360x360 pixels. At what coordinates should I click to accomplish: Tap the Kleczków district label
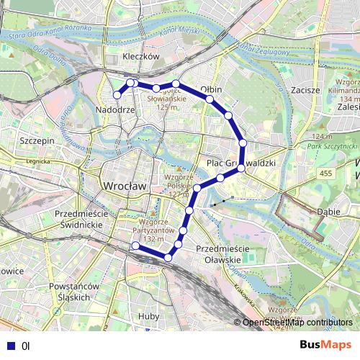[140, 56]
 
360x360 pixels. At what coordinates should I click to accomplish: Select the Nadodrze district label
[115, 109]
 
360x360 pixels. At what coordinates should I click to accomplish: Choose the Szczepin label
[38, 141]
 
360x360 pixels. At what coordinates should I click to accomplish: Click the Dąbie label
[328, 212]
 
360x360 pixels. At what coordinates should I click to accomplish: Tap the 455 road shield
[328, 174]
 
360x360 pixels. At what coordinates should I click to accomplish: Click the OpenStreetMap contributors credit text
[298, 323]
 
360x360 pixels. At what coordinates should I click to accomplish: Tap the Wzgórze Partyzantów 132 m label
[157, 230]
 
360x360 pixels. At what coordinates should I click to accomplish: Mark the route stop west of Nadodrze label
[116, 95]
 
